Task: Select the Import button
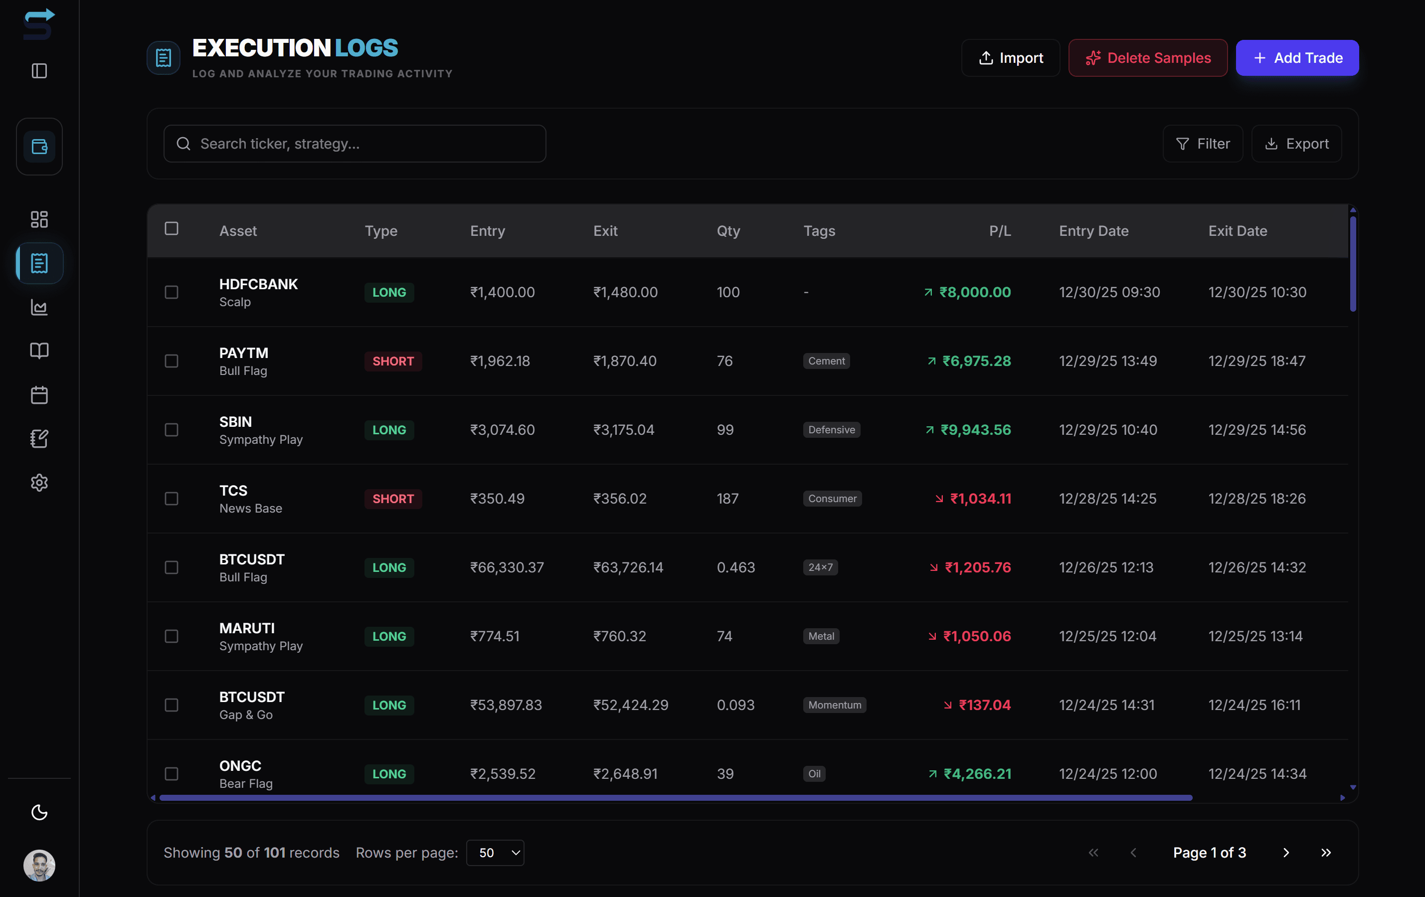[x=1010, y=58]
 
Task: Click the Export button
[x=1296, y=144]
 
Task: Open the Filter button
[x=1203, y=144]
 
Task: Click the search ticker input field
[x=355, y=144]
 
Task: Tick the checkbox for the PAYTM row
[x=172, y=361]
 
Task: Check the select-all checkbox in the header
[x=172, y=229]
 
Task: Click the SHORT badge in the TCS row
[x=393, y=499]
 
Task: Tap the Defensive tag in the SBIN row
[x=832, y=430]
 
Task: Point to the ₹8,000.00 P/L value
[x=975, y=292]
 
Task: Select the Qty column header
[x=728, y=231]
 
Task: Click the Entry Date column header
[x=1093, y=231]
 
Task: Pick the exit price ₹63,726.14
[x=628, y=567]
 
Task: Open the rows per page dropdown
[x=495, y=853]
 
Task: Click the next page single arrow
[x=1285, y=853]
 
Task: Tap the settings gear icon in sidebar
[x=39, y=483]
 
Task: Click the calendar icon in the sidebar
[x=39, y=395]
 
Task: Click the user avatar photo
[x=39, y=866]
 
